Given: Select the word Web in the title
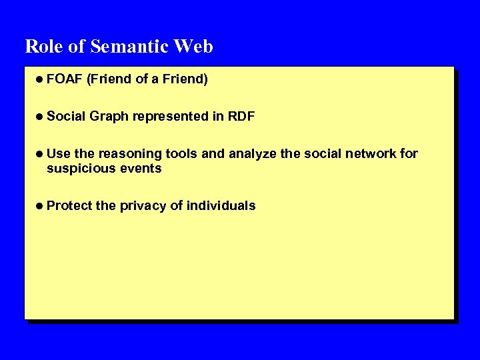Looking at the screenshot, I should [x=193, y=47].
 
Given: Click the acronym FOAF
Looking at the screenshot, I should [x=65, y=79].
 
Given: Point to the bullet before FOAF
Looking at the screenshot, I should [x=40, y=79].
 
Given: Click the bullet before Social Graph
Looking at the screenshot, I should [x=40, y=117].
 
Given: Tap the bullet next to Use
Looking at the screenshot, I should [x=40, y=154].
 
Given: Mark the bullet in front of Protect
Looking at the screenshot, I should [x=40, y=206].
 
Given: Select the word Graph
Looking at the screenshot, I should [x=109, y=117].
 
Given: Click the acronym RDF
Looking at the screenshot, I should [x=241, y=117].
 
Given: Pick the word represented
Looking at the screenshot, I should [x=171, y=117].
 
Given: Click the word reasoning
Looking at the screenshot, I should [x=129, y=154].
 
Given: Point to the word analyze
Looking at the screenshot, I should [x=253, y=154].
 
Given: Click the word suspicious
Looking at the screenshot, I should [x=80, y=169].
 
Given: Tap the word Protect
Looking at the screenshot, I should [x=69, y=206].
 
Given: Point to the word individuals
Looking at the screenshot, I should [x=221, y=206].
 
